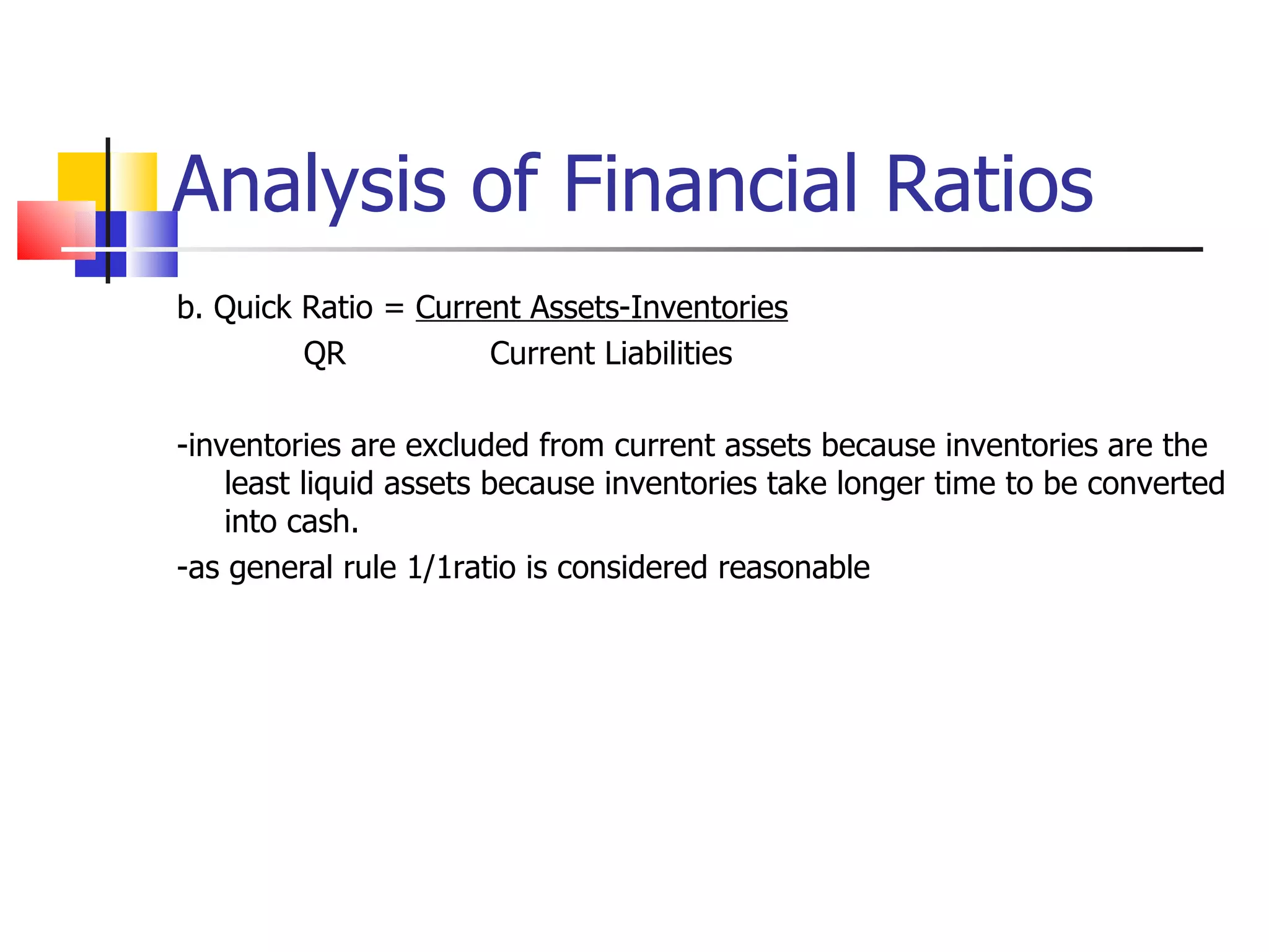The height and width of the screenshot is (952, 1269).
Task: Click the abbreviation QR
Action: tap(324, 354)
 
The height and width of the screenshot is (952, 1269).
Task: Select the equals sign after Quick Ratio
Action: tap(394, 308)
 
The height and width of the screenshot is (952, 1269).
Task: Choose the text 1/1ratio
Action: tap(461, 568)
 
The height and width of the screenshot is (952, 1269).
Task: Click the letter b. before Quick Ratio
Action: tap(189, 308)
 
